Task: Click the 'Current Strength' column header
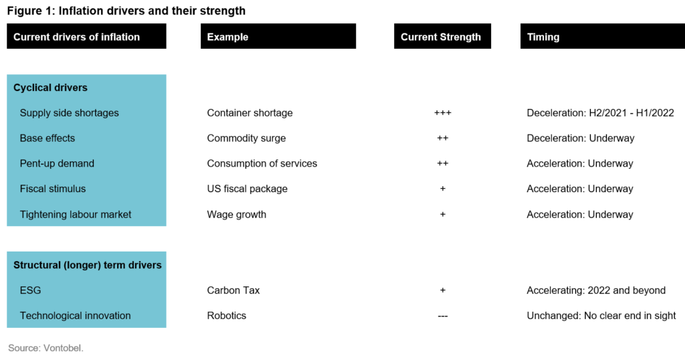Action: coord(440,37)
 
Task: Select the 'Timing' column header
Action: coord(543,37)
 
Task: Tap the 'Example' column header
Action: coord(227,37)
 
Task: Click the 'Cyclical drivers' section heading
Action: coord(50,88)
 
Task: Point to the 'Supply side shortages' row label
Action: coord(69,112)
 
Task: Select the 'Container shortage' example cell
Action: coord(250,112)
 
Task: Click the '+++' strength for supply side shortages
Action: coord(443,112)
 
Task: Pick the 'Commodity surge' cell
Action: coord(246,138)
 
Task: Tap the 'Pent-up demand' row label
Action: coord(57,163)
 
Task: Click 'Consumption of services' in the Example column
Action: coord(262,163)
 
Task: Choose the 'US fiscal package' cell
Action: coord(248,189)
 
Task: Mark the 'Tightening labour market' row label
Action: coord(76,215)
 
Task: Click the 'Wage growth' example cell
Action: coord(236,215)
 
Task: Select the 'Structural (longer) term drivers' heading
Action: coord(88,265)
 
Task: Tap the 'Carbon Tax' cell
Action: coord(233,290)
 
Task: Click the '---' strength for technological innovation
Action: coord(443,316)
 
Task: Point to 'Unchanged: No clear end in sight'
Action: coord(601,316)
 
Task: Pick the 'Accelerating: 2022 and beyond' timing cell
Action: coord(596,290)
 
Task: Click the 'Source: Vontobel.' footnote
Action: coord(45,348)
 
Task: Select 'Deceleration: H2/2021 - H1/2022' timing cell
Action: coord(600,112)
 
